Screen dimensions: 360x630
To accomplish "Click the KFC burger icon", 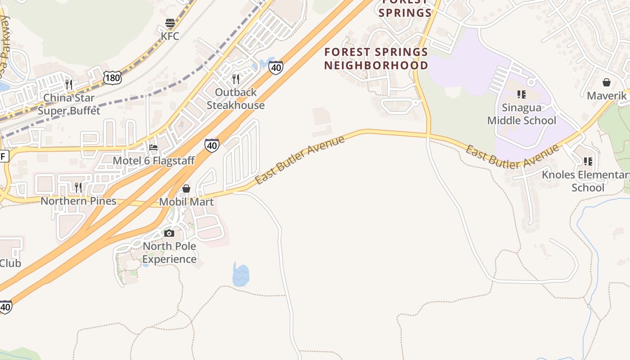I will (x=170, y=23).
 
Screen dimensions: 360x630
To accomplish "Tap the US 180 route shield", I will (x=112, y=78).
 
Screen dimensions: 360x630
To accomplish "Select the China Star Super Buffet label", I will (x=69, y=104).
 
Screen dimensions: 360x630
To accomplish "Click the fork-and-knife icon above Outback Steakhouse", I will (x=236, y=79).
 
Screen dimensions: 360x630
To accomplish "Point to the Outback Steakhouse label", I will (x=235, y=99).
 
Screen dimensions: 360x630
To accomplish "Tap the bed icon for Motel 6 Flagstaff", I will (x=153, y=148).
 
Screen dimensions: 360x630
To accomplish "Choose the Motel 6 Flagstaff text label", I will (x=153, y=161).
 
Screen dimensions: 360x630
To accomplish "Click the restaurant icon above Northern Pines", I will (x=78, y=187).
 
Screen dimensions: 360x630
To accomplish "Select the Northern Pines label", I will (x=78, y=201).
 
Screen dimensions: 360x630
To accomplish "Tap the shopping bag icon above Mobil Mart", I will (x=186, y=189).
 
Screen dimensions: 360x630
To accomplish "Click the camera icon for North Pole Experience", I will (x=169, y=233).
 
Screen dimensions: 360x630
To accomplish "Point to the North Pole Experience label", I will (x=170, y=252).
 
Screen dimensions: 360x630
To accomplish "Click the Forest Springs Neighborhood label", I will (x=376, y=58).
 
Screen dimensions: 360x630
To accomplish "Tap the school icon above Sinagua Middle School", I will (x=522, y=94).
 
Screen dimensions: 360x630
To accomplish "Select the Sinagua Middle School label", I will (x=522, y=114).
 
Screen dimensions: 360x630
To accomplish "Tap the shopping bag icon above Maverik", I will (x=607, y=82).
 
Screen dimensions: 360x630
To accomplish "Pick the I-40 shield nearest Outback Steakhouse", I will (x=276, y=67).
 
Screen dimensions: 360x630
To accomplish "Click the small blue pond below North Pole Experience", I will (x=241, y=275).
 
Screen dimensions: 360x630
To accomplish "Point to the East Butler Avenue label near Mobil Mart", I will (x=300, y=159).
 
